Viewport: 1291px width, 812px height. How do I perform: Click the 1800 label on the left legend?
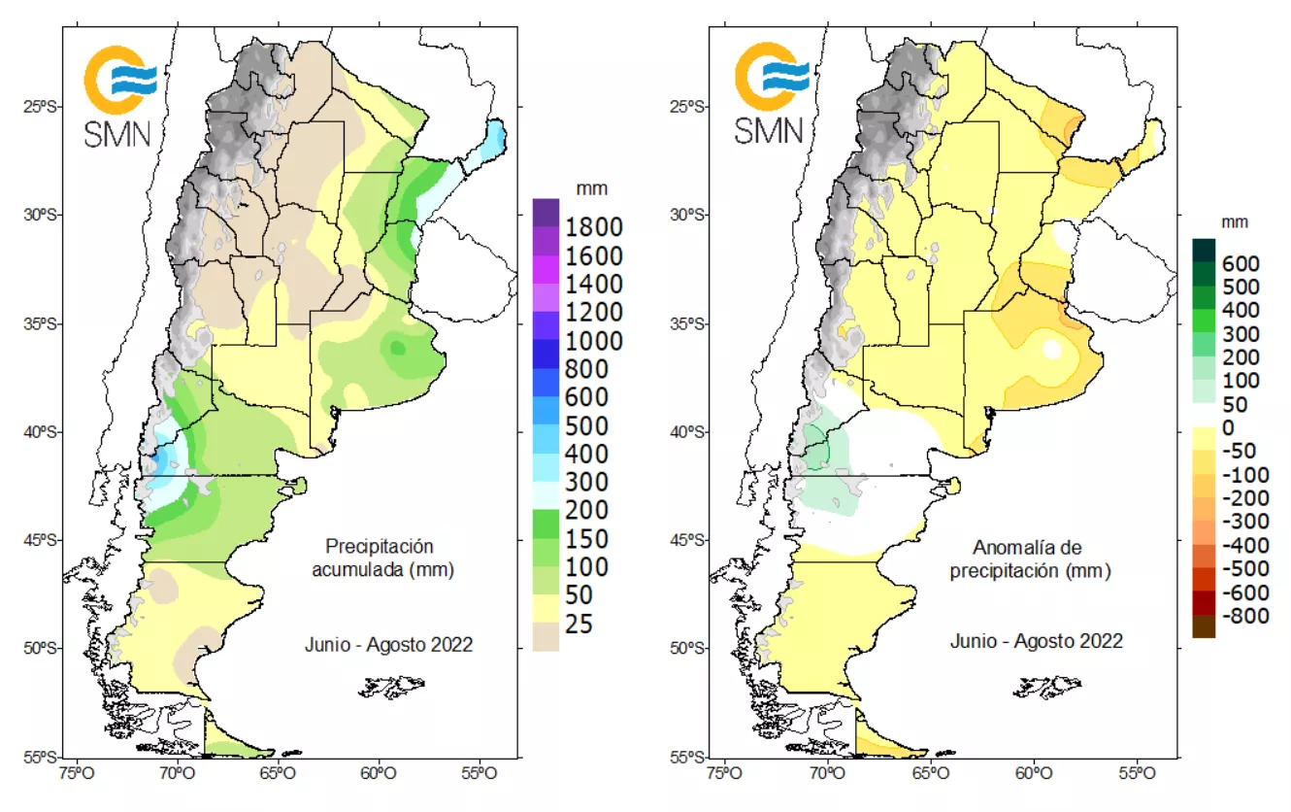[587, 227]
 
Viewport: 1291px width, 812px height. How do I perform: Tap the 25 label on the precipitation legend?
[579, 624]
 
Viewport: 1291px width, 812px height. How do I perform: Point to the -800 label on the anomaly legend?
[1241, 615]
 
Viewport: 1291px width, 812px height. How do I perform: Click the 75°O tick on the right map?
[724, 773]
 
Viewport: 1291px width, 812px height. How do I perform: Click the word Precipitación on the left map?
[380, 547]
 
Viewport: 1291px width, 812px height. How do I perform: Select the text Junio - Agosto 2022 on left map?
[388, 644]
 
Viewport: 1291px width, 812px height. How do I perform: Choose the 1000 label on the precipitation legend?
[587, 341]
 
